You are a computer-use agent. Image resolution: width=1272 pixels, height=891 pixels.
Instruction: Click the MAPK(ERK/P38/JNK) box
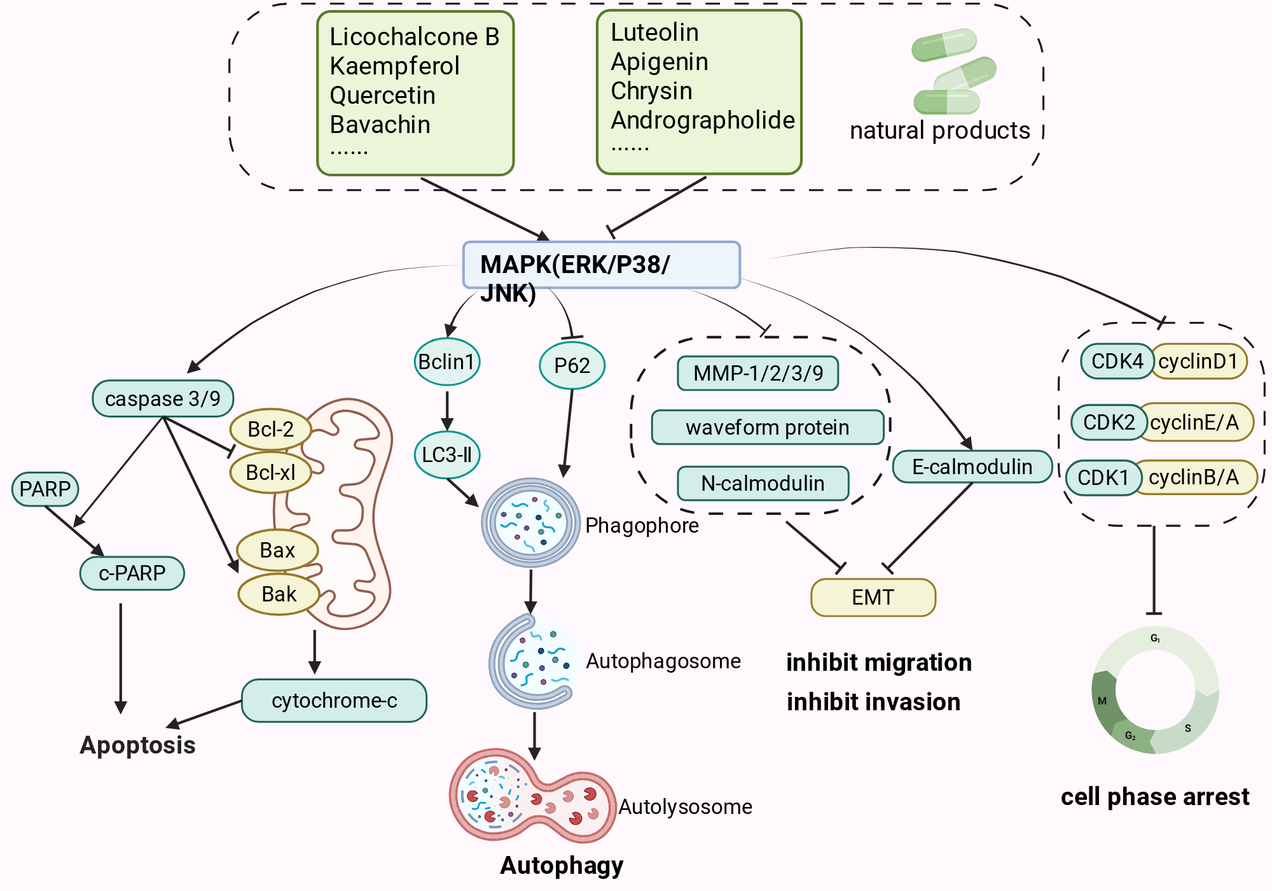601,265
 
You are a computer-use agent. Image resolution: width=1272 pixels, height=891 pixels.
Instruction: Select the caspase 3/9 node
163,399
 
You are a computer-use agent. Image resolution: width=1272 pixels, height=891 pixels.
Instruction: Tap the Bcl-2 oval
270,430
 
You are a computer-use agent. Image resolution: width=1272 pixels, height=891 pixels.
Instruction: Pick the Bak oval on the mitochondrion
279,594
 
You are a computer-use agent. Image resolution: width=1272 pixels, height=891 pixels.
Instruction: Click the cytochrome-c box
334,701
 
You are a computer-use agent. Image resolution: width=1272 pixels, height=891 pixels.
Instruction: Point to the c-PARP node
132,573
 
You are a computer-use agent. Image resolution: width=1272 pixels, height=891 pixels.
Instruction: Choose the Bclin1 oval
447,362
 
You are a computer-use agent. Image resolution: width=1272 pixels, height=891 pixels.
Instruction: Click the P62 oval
572,366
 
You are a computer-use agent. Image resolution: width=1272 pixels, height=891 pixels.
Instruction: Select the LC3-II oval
447,455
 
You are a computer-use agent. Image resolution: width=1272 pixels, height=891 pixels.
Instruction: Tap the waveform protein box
768,427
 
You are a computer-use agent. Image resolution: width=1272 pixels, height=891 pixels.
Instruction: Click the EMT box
873,598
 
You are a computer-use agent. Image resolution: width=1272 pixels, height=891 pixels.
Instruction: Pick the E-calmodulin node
972,467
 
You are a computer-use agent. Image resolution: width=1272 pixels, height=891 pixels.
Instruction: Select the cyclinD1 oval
1198,361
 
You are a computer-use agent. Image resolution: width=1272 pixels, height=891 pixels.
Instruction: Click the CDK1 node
1103,478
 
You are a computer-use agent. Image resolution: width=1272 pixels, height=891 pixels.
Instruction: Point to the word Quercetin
383,95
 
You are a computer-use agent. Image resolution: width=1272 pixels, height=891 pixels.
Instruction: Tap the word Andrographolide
703,120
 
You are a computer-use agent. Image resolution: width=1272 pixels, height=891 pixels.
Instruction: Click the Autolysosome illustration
533,796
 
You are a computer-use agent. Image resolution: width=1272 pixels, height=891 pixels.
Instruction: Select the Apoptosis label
138,745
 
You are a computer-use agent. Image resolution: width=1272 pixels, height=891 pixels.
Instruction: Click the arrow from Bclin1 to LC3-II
447,410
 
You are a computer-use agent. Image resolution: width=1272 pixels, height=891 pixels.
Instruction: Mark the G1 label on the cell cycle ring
1156,638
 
